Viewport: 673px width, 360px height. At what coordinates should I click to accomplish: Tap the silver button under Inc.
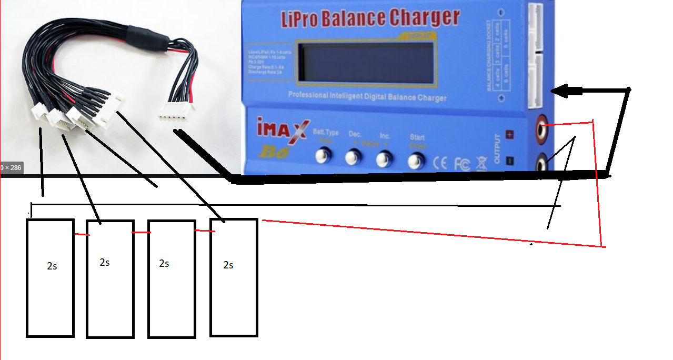pyautogui.click(x=385, y=158)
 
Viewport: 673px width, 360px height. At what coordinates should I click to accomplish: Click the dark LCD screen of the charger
pyautogui.click(x=366, y=64)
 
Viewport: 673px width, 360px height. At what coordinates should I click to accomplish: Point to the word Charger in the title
pyautogui.click(x=424, y=18)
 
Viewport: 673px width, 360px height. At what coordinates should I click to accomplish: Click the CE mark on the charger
pyautogui.click(x=440, y=164)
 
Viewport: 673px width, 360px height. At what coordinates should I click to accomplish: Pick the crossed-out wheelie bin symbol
pyautogui.click(x=481, y=163)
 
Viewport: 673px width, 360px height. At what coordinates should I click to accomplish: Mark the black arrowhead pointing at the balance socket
pyautogui.click(x=564, y=92)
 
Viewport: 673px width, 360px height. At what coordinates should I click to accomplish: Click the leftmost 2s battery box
pyautogui.click(x=50, y=278)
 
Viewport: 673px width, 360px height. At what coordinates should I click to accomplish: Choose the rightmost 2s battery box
pyautogui.click(x=234, y=277)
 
